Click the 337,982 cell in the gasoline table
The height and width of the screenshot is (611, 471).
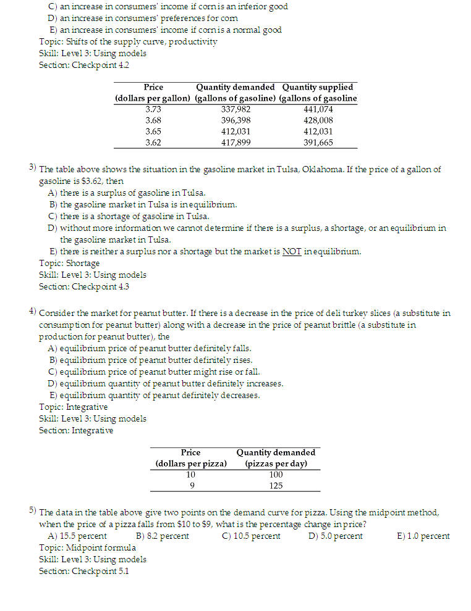235,109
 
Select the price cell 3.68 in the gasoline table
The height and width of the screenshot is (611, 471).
153,120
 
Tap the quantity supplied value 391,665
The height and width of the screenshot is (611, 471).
318,143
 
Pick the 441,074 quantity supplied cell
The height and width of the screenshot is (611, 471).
318,109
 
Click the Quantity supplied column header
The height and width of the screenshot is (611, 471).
318,87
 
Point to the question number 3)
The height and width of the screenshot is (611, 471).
33,168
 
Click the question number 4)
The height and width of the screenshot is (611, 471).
33,312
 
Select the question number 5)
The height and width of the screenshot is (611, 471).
33,511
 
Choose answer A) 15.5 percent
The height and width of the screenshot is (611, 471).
77,536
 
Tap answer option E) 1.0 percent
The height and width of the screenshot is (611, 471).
423,536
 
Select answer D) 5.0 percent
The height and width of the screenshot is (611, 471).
335,536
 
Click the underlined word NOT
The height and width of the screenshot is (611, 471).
292,251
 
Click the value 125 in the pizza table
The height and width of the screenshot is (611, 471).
276,486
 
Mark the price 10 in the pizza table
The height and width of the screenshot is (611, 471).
191,475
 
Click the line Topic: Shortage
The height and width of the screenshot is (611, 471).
69,264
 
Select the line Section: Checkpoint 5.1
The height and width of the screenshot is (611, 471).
84,571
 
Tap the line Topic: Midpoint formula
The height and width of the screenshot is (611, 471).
87,547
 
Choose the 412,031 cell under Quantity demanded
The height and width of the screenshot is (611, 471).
235,131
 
